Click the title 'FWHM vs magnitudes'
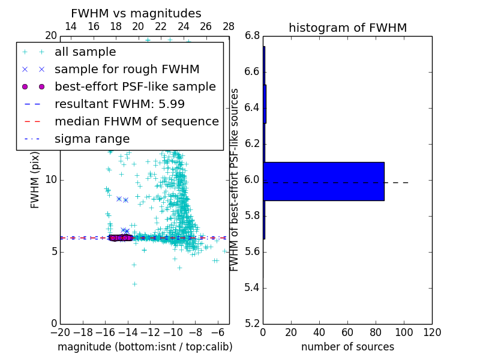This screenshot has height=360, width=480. [136, 13]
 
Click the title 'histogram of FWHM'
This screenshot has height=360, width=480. [347, 28]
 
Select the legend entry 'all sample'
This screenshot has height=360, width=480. [85, 52]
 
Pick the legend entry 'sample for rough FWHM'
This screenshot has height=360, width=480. [127, 69]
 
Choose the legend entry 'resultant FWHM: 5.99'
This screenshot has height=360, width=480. [119, 104]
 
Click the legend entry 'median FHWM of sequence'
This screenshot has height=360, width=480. [136, 121]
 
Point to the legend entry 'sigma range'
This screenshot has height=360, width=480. [92, 139]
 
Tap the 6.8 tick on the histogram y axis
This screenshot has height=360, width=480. [253, 36]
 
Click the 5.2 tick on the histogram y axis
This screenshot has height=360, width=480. [253, 324]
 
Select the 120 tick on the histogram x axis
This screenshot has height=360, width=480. [432, 332]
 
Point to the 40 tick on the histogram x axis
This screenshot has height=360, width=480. [319, 332]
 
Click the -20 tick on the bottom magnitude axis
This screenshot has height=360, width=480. [60, 332]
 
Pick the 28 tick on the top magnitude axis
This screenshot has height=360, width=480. [229, 26]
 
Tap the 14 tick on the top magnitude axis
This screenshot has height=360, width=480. [70, 26]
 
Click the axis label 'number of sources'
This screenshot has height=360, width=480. [347, 347]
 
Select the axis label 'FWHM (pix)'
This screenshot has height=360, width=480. [35, 180]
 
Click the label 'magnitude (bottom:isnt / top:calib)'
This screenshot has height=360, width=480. [145, 347]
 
